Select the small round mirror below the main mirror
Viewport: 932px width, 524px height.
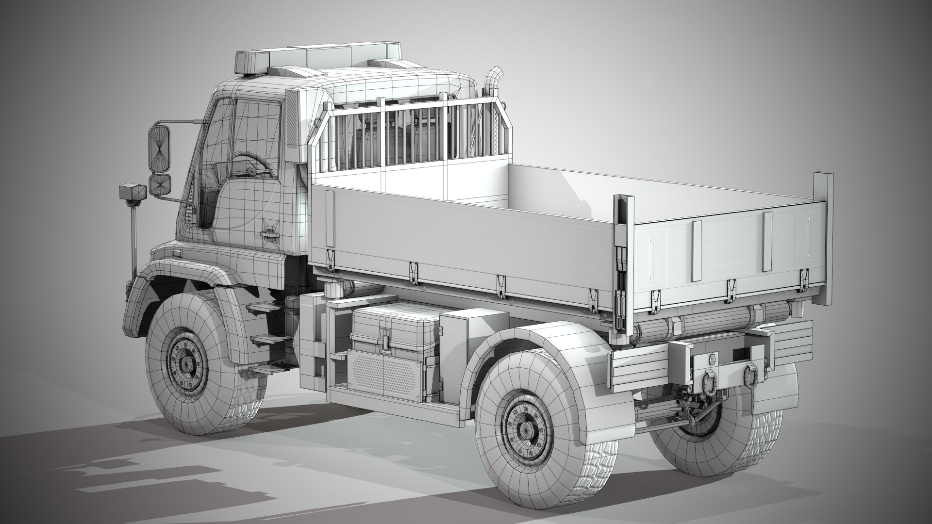click(160, 185)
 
